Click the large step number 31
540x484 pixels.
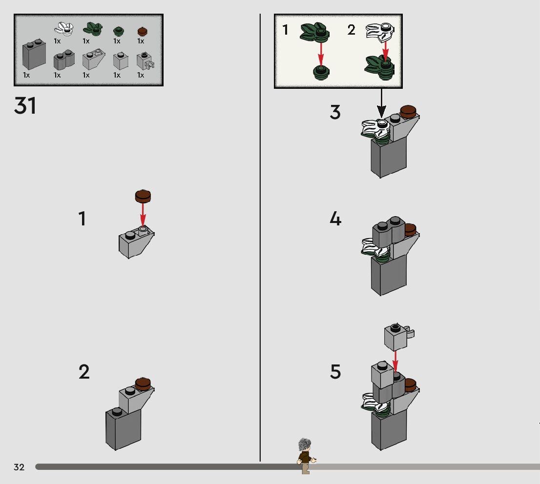pyautogui.click(x=25, y=106)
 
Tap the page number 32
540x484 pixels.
pyautogui.click(x=19, y=467)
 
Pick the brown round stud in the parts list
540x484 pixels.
pyautogui.click(x=143, y=31)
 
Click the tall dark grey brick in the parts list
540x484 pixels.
pyautogui.click(x=34, y=55)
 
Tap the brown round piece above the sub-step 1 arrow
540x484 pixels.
pyautogui.click(x=143, y=196)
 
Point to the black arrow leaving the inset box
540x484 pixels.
pyautogui.click(x=381, y=103)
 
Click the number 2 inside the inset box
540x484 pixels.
pyautogui.click(x=352, y=30)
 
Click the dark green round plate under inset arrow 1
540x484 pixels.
pyautogui.click(x=321, y=73)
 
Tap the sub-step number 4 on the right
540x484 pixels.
pyautogui.click(x=335, y=219)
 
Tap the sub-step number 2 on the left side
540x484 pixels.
pyautogui.click(x=84, y=372)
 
